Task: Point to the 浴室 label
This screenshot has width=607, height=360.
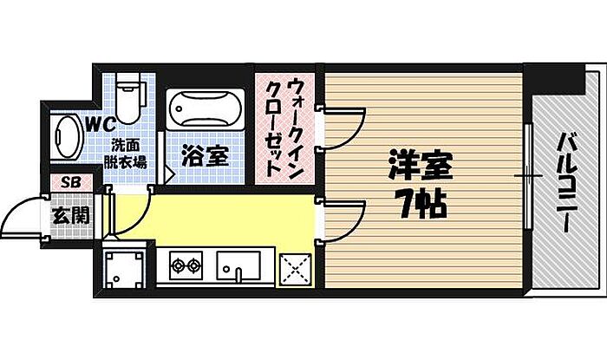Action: point(206,156)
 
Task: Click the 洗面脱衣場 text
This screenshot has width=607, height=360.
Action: point(127,152)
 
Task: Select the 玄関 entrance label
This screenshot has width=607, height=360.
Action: point(70,213)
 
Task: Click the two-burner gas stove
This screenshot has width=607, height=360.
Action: point(184,265)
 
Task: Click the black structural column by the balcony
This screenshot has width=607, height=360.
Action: point(545,79)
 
